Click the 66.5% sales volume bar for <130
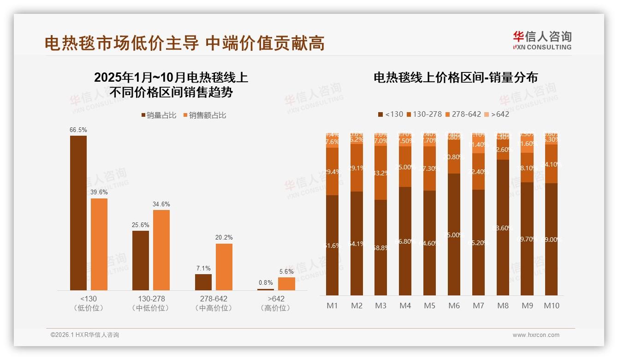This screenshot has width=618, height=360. click(78, 213)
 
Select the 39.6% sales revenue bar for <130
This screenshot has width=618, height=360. click(99, 244)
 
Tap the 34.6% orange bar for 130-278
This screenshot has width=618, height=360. click(161, 250)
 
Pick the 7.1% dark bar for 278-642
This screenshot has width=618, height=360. click(203, 282)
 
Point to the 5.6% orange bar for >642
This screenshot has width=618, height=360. click(286, 284)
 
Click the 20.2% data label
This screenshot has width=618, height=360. click(224, 237)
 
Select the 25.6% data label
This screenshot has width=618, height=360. click(141, 225)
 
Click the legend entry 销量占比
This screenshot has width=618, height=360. click(159, 115)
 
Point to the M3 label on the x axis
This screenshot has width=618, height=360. click(380, 306)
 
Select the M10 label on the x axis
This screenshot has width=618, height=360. click(551, 306)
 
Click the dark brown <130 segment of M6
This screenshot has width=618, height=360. click(454, 234)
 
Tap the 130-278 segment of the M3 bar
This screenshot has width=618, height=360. click(380, 173)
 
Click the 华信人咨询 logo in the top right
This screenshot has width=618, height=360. click(542, 40)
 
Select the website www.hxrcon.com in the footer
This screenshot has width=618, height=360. click(535, 335)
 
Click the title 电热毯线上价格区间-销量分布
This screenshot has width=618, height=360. click(456, 78)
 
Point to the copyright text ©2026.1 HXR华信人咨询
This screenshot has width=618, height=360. click(85, 335)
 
